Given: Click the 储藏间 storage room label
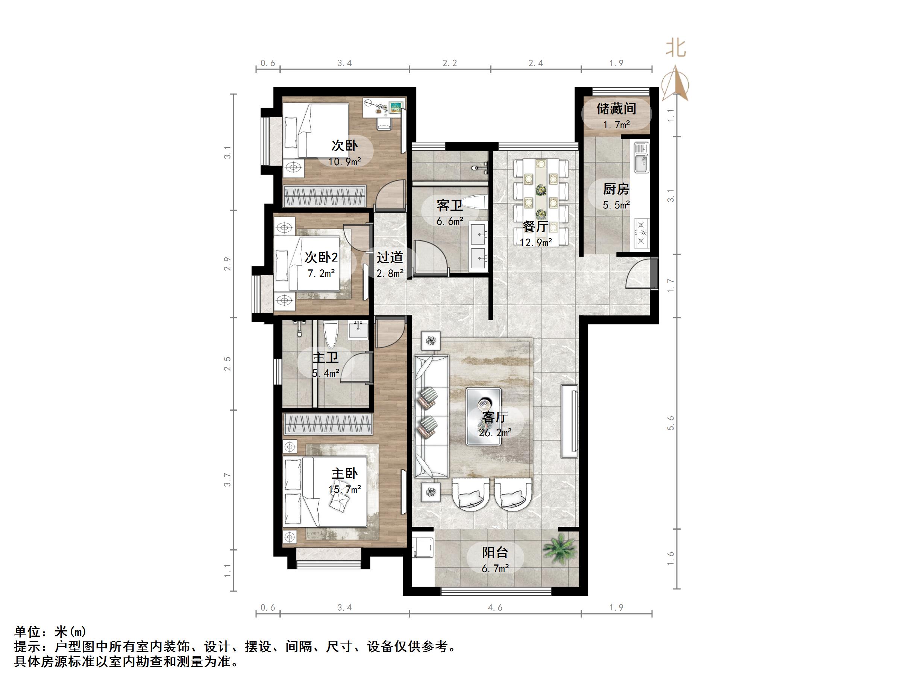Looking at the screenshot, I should point(616,109).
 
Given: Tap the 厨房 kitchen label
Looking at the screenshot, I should point(616,189).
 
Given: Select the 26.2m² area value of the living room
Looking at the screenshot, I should point(495,433).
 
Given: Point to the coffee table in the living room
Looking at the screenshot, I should point(483,416).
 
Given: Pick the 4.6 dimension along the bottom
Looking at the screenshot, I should point(495,608).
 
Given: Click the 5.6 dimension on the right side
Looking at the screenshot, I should point(671,423).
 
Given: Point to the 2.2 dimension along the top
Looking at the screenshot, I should point(450,63).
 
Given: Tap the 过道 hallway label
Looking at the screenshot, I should point(390,258).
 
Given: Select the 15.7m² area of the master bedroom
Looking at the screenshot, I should point(345,489).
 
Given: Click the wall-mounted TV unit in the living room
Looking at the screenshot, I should point(570,421).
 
